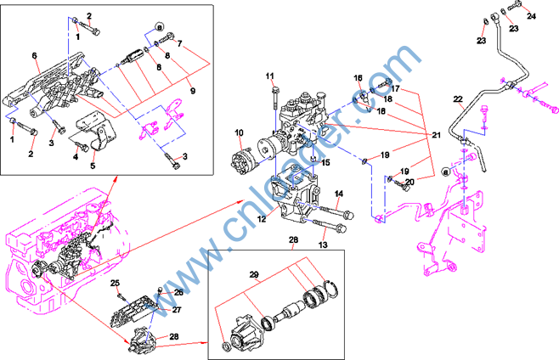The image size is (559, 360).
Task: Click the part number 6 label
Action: pos(35,56)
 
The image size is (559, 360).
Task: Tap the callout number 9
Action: pos(193,91)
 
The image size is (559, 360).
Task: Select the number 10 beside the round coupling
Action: pos(239,132)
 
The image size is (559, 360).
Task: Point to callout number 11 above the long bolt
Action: pos(270,77)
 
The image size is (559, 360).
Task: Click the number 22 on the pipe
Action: pos(457,100)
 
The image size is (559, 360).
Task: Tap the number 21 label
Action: pos(437,135)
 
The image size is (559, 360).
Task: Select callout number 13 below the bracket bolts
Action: pos(323,245)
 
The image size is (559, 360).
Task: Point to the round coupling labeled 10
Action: pos(250,158)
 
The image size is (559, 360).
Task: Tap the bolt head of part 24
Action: pos(508,10)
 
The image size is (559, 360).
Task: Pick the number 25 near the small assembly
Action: pos(116,283)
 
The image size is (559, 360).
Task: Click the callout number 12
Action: pos(262,219)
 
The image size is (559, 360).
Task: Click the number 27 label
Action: pos(177,310)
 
